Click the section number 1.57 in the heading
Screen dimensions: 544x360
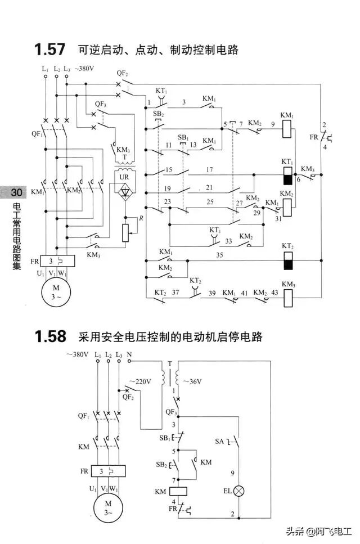(x=50, y=50)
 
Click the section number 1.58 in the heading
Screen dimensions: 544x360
(x=50, y=337)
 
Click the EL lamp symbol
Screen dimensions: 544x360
(x=239, y=491)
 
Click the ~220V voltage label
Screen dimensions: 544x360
(x=141, y=381)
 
